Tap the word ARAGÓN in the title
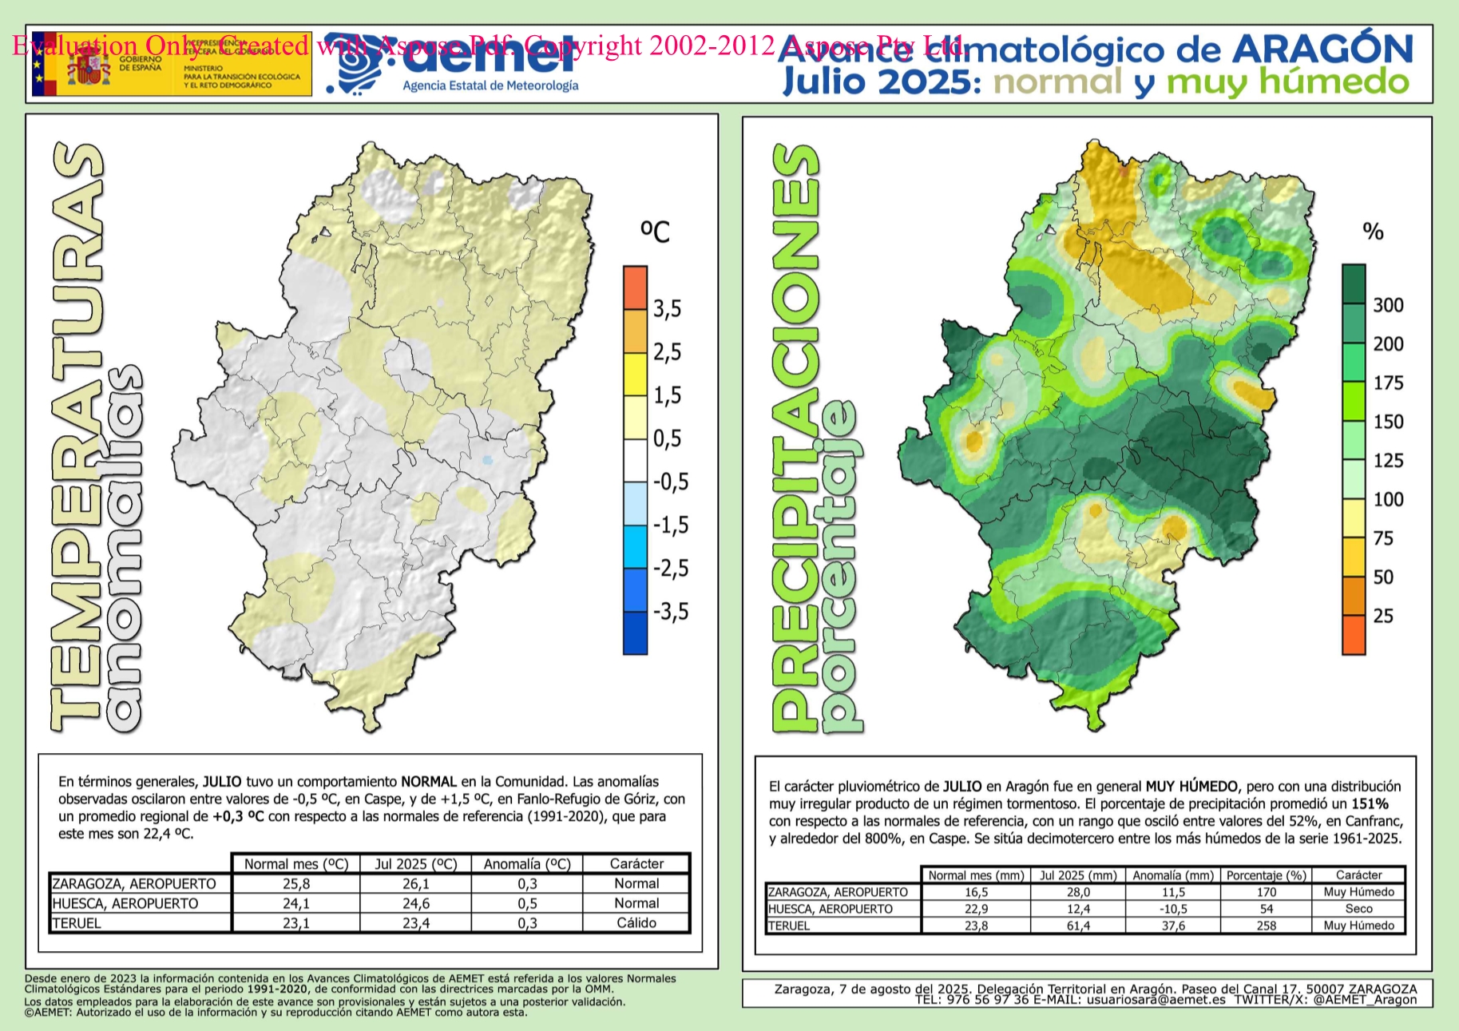(1323, 50)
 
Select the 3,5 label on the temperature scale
(668, 309)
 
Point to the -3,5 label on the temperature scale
(670, 612)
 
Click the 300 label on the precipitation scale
(1388, 305)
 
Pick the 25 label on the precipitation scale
(1383, 616)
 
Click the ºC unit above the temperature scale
(655, 232)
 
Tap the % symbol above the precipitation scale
(1373, 232)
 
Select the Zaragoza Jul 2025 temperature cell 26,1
(415, 884)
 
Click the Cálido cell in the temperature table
(636, 923)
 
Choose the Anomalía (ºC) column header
(527, 864)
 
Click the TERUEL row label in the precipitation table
(789, 926)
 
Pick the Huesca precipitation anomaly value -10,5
(1173, 909)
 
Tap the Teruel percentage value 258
(1266, 926)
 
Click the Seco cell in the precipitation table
(1358, 909)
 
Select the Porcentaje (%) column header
(1266, 875)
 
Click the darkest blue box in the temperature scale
(635, 633)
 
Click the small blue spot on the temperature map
(488, 460)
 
